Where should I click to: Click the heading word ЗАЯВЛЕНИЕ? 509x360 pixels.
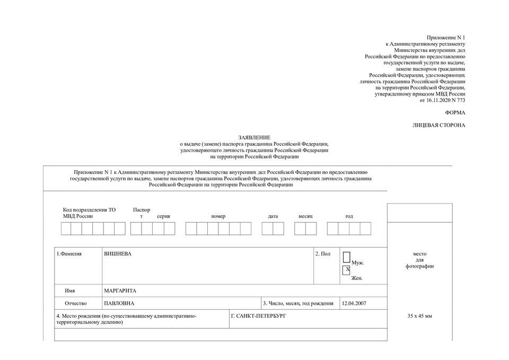point(254,137)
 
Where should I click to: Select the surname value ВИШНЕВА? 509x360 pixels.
point(118,254)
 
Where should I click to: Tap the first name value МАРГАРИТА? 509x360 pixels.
point(120,291)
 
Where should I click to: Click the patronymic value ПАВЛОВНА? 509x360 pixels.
point(119,303)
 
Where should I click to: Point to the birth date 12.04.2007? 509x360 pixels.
point(354,303)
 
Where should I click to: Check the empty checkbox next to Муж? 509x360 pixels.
point(346,258)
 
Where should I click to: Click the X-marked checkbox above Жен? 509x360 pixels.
point(347,270)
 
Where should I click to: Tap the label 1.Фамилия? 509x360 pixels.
point(69,254)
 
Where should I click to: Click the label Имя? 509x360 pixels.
point(70,291)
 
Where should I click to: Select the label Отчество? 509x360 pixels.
point(75,303)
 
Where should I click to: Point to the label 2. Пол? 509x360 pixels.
point(323,254)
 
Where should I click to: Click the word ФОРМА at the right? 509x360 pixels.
point(455,112)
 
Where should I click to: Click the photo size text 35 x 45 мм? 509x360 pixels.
point(419,316)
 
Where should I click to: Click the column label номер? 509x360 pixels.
point(218,216)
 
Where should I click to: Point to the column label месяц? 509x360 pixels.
point(305,216)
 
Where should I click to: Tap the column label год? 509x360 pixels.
point(349,216)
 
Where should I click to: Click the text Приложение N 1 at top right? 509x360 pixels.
point(446,37)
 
